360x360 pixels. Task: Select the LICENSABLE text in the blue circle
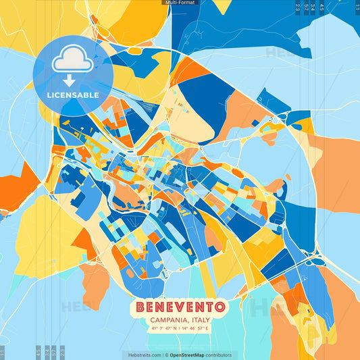pyautogui.click(x=72, y=95)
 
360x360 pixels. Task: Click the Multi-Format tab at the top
pyautogui.click(x=180, y=3)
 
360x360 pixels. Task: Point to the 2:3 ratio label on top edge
pyautogui.click(x=298, y=7)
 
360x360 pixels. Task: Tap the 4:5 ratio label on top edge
pyautogui.click(x=322, y=7)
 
